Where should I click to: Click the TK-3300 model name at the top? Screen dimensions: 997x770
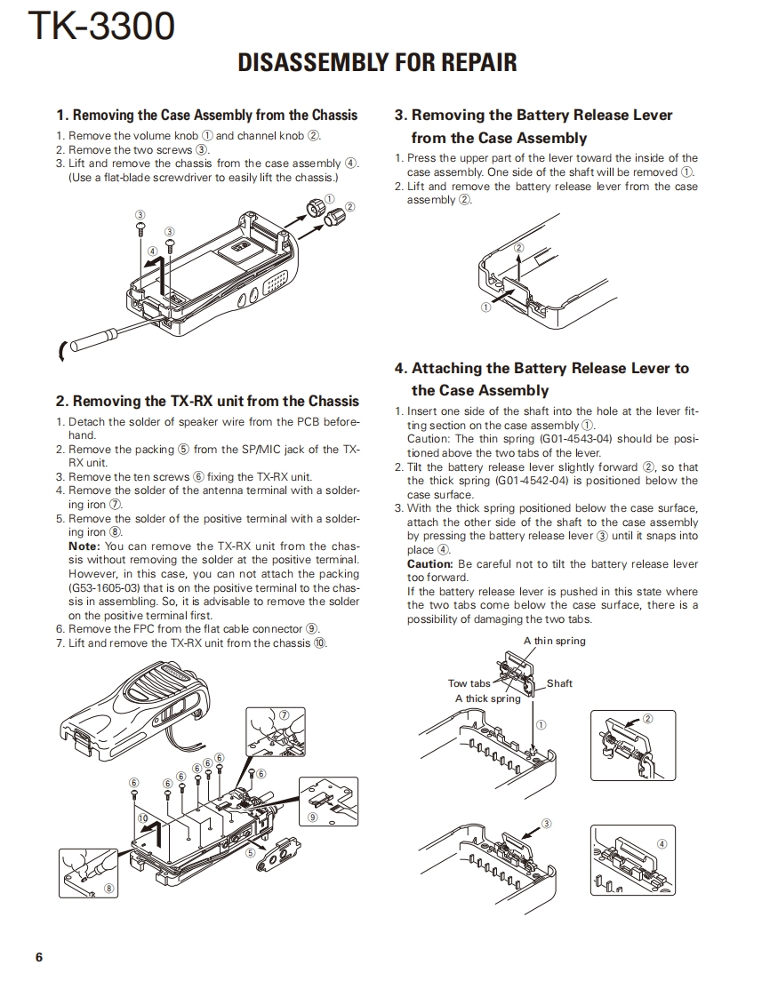(x=101, y=26)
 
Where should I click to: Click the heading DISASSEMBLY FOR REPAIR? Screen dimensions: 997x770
(x=377, y=62)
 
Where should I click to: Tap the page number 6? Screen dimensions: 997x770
(x=39, y=957)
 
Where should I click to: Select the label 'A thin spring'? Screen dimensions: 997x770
(x=554, y=641)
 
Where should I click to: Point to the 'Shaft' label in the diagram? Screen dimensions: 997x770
(x=559, y=683)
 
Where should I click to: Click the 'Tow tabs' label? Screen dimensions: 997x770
(x=469, y=683)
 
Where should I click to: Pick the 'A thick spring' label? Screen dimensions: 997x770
(x=487, y=698)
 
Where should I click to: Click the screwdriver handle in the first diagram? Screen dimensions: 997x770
(x=91, y=340)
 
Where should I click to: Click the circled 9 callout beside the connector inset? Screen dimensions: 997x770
(x=313, y=817)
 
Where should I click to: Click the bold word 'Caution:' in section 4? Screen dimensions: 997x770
(x=430, y=564)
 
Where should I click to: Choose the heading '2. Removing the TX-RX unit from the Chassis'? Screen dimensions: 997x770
(x=207, y=401)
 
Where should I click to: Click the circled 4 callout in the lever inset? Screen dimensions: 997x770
(x=662, y=843)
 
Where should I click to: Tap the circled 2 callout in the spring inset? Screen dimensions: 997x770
(x=647, y=719)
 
